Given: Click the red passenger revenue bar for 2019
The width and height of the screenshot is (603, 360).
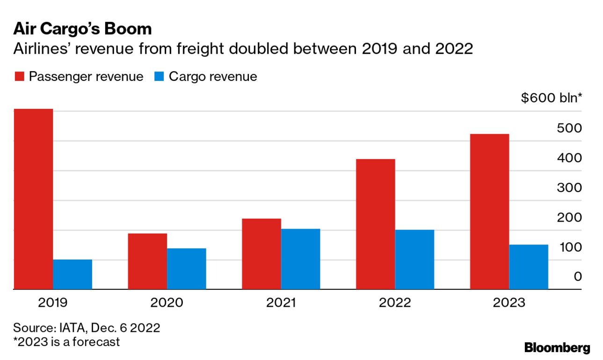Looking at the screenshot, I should (33, 199).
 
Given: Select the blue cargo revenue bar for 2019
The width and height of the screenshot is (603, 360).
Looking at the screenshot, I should (73, 274).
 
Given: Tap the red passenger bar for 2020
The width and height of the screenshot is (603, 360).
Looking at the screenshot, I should (147, 261).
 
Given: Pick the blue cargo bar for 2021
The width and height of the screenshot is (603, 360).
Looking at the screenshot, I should (300, 259).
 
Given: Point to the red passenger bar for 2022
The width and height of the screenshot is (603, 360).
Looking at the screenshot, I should (375, 224).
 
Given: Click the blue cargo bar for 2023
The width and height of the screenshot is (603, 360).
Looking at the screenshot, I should (528, 267).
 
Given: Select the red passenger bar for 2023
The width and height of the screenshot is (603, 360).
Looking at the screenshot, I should (489, 212).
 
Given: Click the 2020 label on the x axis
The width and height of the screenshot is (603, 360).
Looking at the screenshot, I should (167, 302).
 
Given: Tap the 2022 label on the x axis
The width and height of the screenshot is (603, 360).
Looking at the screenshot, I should (394, 302).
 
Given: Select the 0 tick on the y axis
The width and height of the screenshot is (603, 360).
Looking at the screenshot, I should (578, 277).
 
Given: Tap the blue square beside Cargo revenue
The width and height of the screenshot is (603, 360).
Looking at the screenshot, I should (159, 77).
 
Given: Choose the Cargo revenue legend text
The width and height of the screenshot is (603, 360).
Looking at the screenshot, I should (213, 77).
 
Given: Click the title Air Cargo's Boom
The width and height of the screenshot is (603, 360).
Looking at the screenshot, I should (82, 29).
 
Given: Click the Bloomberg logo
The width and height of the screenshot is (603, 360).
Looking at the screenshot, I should (557, 347).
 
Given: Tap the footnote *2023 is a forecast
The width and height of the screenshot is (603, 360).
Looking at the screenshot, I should (66, 342).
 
